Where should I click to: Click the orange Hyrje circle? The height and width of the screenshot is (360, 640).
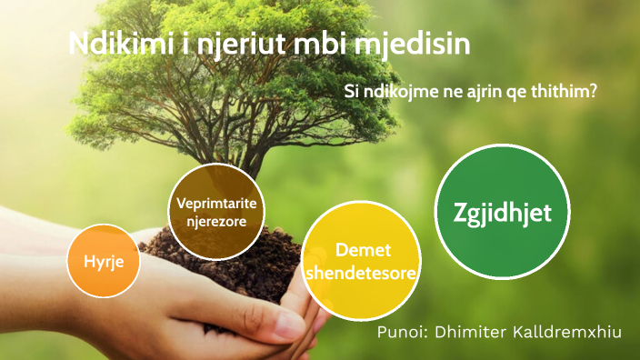tap(103, 260)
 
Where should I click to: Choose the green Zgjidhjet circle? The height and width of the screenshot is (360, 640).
tap(501, 212)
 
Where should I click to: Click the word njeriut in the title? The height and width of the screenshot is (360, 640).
tap(247, 45)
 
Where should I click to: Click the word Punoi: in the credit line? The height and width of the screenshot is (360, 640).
tap(404, 333)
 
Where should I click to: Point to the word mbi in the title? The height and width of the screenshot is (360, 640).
tap(331, 45)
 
